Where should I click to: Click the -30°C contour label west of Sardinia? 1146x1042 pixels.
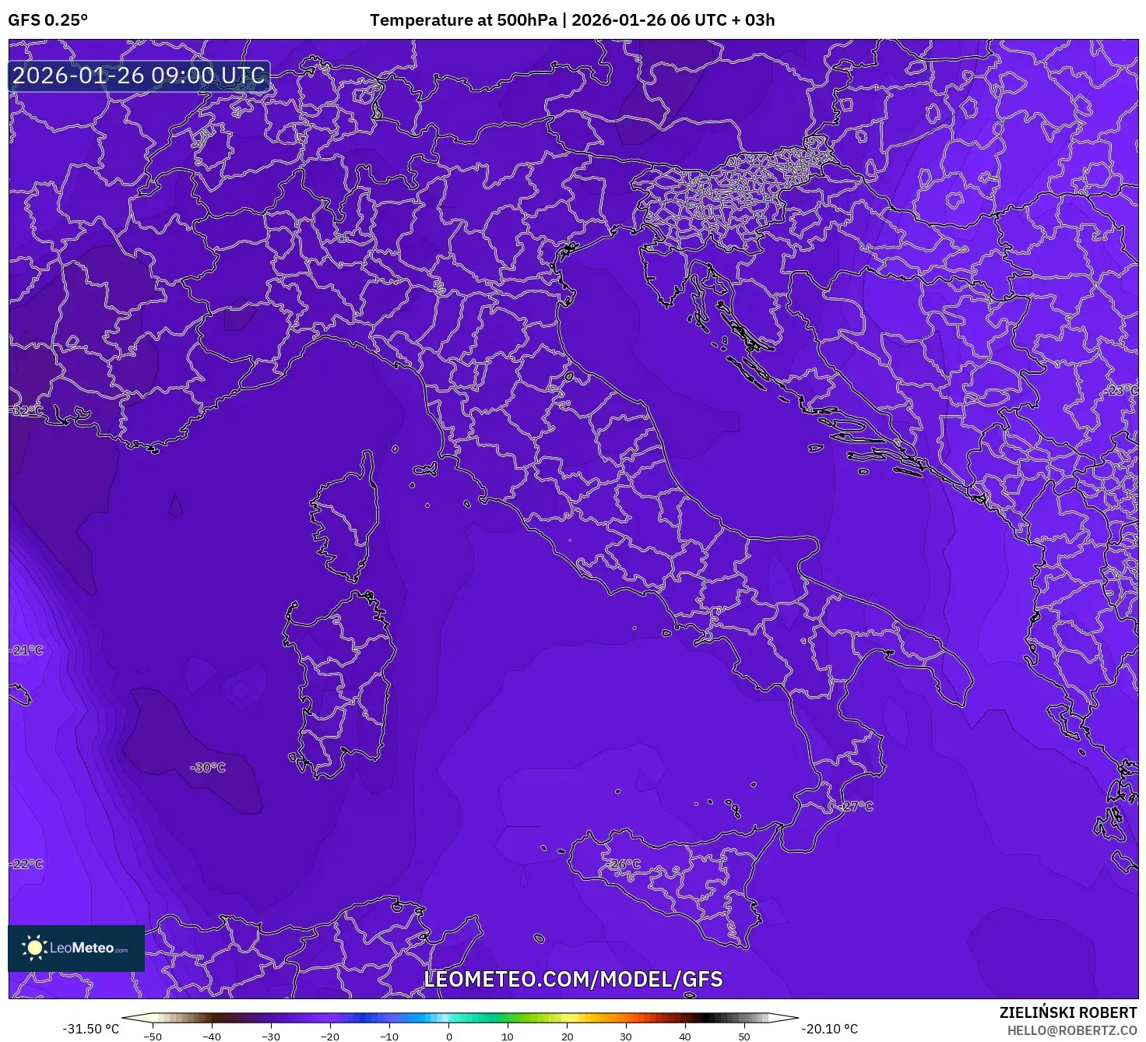pyautogui.click(x=208, y=767)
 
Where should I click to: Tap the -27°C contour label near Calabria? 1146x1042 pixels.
pyautogui.click(x=857, y=806)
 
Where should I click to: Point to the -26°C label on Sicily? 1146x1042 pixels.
pyautogui.click(x=624, y=864)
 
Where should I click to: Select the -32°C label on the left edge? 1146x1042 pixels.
pyautogui.click(x=27, y=410)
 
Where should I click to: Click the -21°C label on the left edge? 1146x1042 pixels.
pyautogui.click(x=27, y=649)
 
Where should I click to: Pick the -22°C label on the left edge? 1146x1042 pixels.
pyautogui.click(x=27, y=864)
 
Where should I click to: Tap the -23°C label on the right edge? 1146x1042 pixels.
pyautogui.click(x=1122, y=389)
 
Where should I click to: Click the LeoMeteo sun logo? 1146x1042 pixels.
pyautogui.click(x=35, y=947)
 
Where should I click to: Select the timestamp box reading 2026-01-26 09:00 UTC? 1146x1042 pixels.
pyautogui.click(x=139, y=76)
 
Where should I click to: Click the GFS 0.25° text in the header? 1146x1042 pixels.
pyautogui.click(x=47, y=20)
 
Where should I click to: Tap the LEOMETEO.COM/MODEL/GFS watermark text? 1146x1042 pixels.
pyautogui.click(x=573, y=979)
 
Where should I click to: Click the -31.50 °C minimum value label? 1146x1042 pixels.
pyautogui.click(x=91, y=1029)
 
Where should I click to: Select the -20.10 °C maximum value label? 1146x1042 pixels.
pyautogui.click(x=830, y=1029)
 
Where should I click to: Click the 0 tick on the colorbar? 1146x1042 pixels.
pyautogui.click(x=448, y=1036)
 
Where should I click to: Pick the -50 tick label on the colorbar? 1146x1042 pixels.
pyautogui.click(x=153, y=1037)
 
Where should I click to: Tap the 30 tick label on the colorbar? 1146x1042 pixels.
pyautogui.click(x=626, y=1037)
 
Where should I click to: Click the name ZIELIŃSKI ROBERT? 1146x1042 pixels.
pyautogui.click(x=1068, y=1012)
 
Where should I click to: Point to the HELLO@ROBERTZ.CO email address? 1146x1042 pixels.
pyautogui.click(x=1072, y=1030)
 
